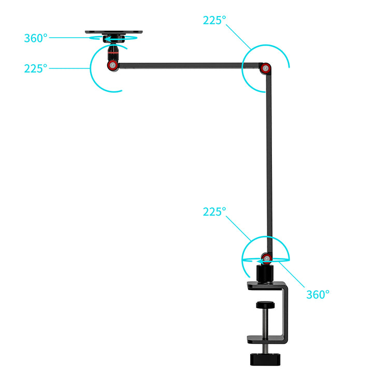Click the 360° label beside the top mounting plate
tap(35, 38)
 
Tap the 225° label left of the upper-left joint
tap(35, 68)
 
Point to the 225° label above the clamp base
tap(214, 212)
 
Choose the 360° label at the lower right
tap(317, 294)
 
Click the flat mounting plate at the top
tap(113, 32)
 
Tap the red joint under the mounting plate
tap(112, 65)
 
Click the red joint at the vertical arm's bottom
tap(266, 257)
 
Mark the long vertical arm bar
tap(268, 155)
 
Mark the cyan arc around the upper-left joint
tap(93, 73)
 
